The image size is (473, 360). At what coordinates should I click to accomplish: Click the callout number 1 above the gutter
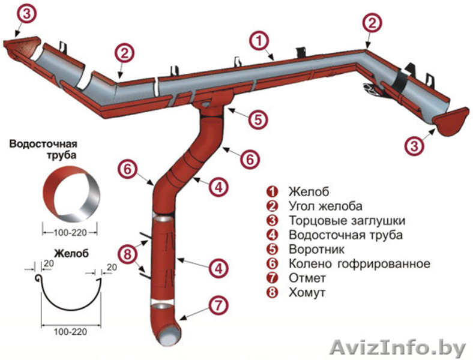(x=259, y=41)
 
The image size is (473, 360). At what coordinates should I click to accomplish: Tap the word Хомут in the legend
(x=307, y=293)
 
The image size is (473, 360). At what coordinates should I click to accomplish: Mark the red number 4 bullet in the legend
(x=272, y=235)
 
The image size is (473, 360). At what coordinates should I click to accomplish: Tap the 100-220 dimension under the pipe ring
(x=70, y=230)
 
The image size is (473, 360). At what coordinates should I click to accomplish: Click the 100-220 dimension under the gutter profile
(x=70, y=332)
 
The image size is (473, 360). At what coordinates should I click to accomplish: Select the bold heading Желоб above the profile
(x=71, y=254)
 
